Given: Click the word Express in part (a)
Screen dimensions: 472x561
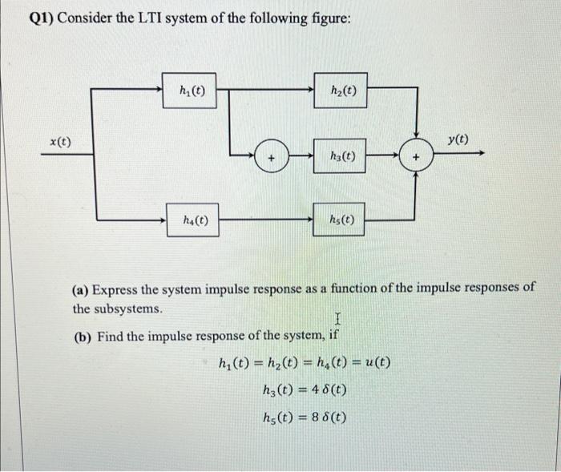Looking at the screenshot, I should pos(119,289).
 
